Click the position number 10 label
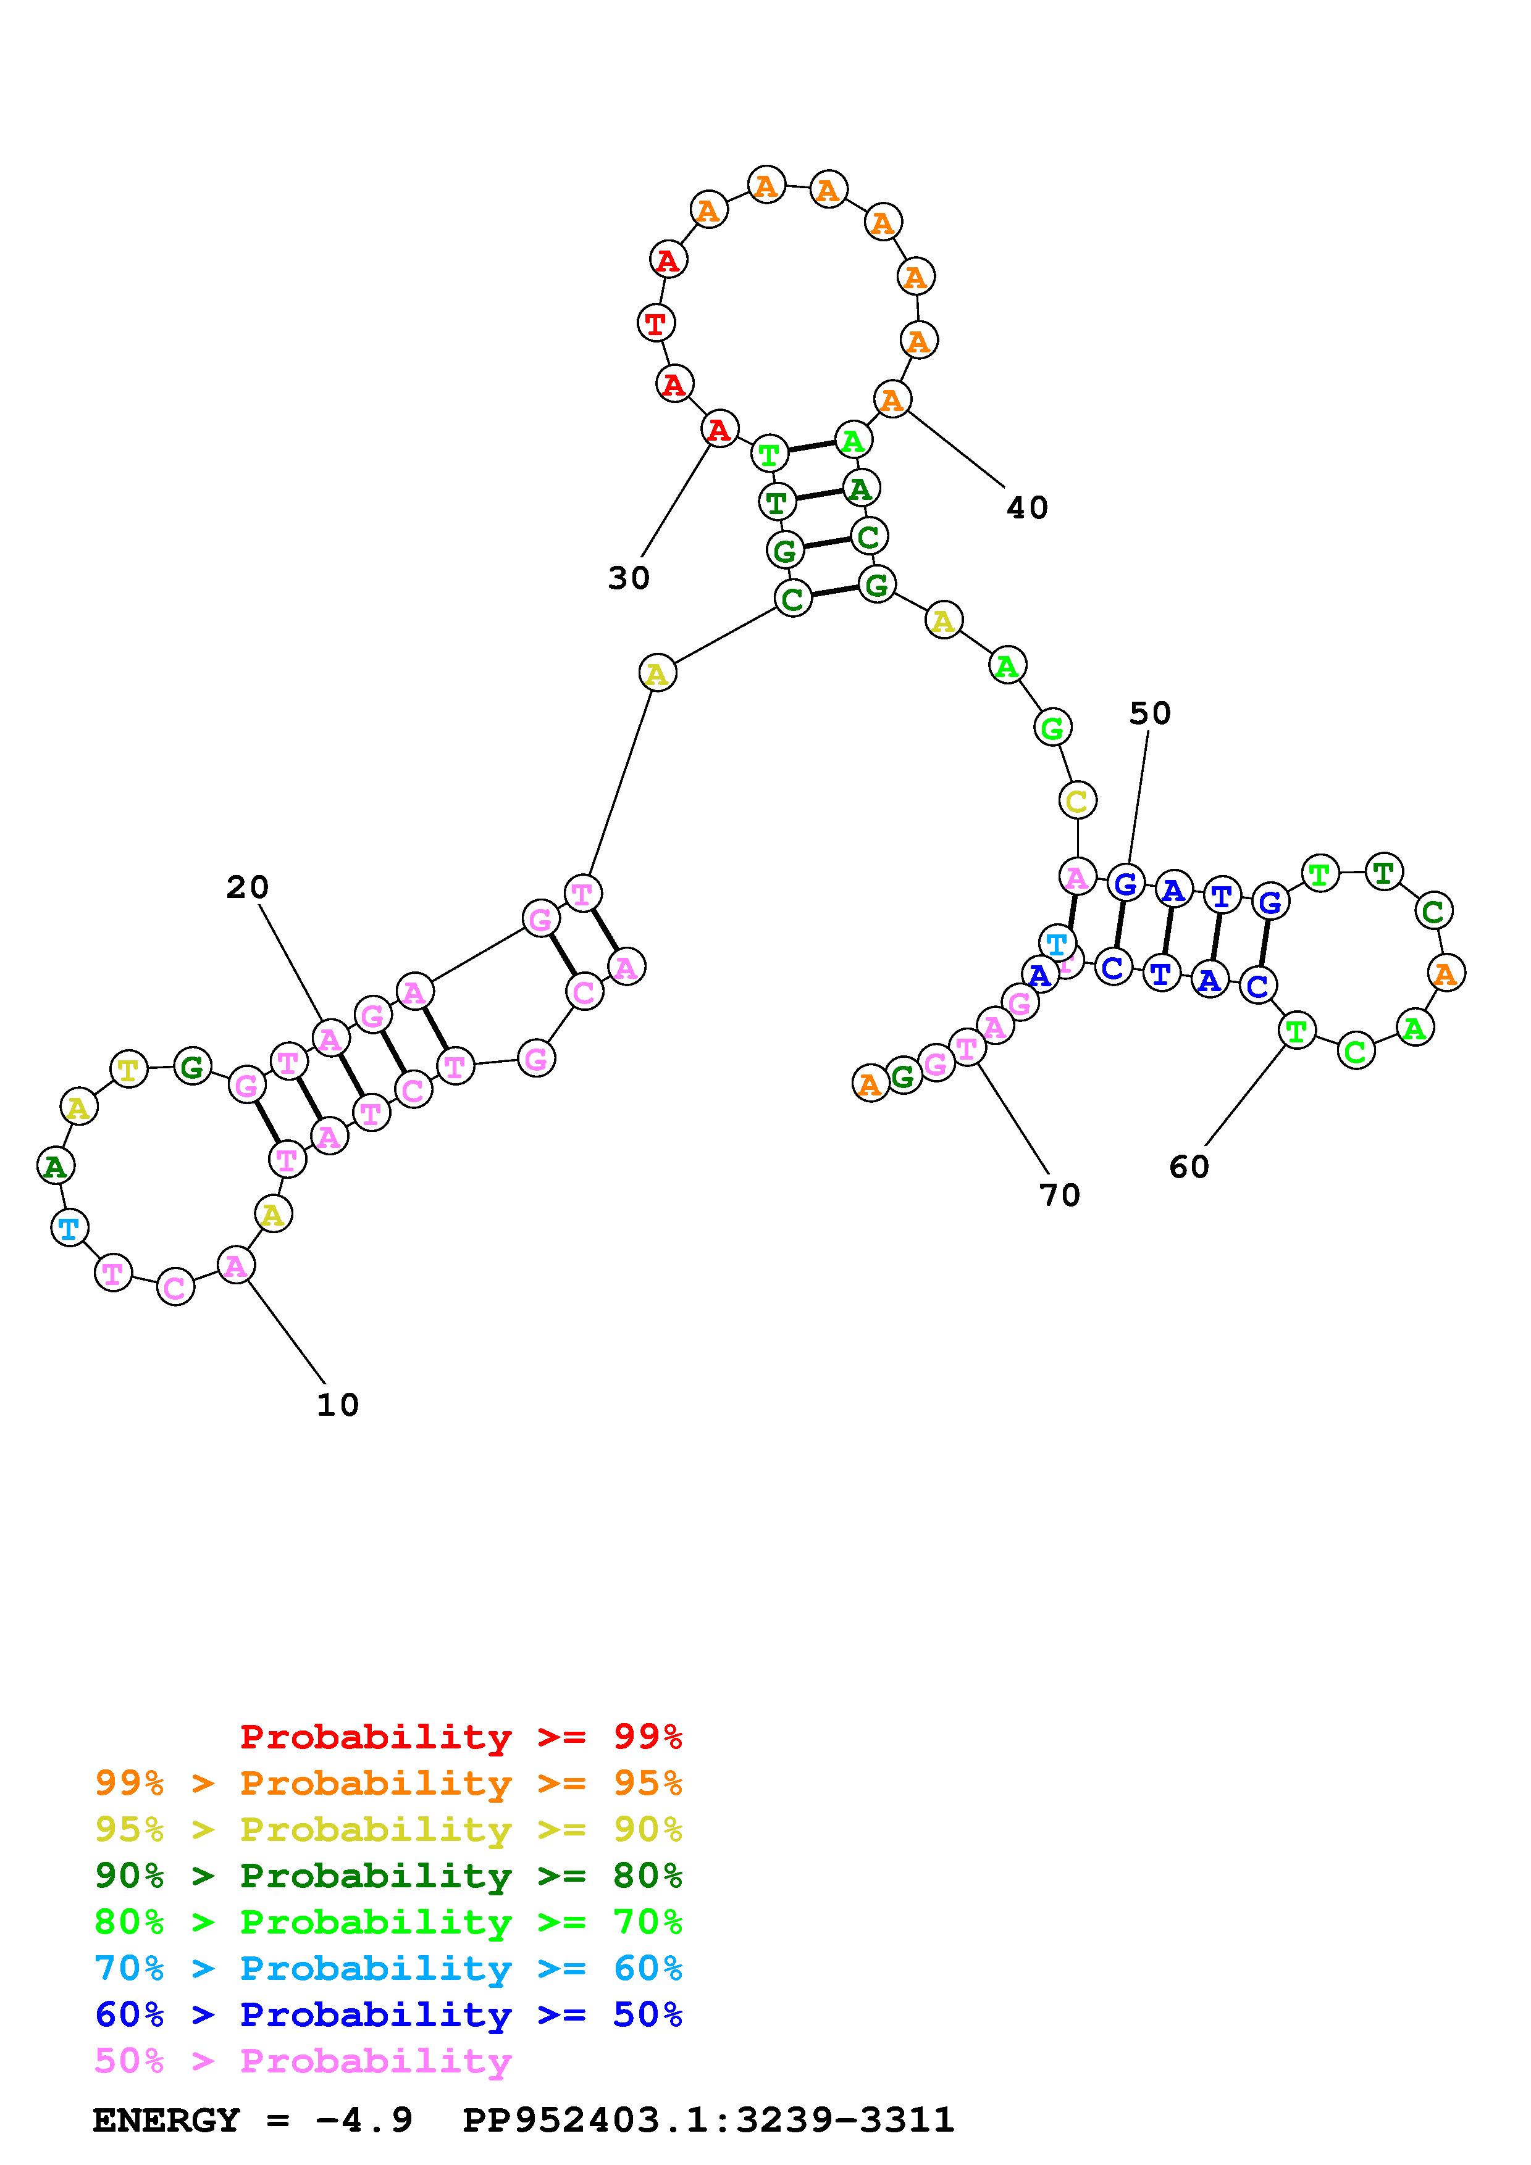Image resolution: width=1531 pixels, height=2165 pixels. click(x=338, y=1406)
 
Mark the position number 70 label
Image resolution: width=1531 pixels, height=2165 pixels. click(x=1059, y=1195)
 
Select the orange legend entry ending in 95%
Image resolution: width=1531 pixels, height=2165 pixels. click(x=388, y=1783)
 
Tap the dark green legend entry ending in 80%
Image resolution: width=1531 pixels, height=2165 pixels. click(x=388, y=1876)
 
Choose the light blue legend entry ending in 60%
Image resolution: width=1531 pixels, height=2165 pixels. click(x=388, y=1968)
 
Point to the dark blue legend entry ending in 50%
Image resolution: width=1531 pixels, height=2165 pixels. click(x=388, y=2014)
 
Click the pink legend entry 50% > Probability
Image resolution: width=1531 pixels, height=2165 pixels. click(x=303, y=2060)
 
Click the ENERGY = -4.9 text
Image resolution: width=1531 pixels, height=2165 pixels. click(x=252, y=2120)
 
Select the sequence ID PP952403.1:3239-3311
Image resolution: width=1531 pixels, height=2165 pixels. click(x=708, y=2120)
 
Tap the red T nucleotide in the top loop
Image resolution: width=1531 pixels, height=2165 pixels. click(x=655, y=323)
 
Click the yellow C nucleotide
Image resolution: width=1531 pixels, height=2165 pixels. click(x=1076, y=802)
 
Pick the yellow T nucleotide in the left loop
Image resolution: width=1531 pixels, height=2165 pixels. click(x=129, y=1070)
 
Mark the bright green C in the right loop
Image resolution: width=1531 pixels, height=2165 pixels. click(x=1356, y=1050)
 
